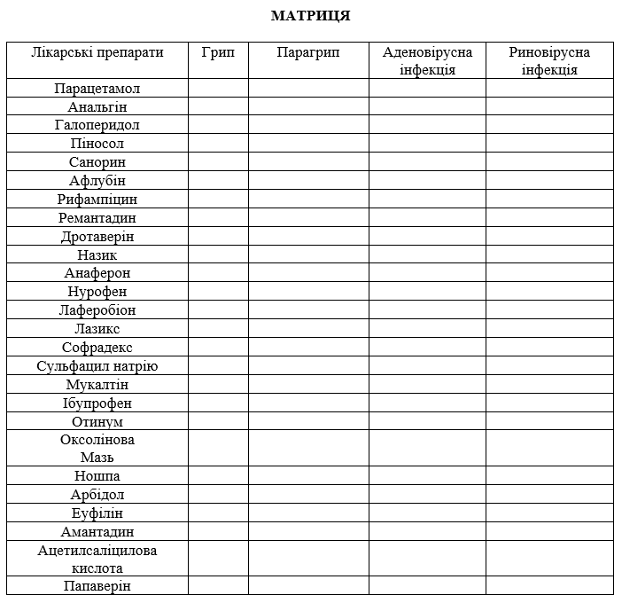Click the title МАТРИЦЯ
[310, 16]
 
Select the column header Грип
[218, 52]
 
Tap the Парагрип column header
[307, 52]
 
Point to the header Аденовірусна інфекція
[427, 60]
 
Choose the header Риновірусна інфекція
[548, 60]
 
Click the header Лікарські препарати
[97, 52]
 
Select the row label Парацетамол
[97, 89]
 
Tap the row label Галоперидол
[97, 125]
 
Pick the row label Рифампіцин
[97, 200]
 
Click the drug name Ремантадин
[97, 218]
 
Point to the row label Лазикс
[97, 329]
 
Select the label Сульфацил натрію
[97, 366]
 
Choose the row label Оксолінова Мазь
[97, 449]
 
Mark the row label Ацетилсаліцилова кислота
[97, 560]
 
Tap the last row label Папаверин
[97, 586]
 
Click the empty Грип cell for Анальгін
[218, 106]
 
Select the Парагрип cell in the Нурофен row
[307, 292]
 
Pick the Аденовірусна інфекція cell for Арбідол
[427, 495]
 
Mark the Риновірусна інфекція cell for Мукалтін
[548, 385]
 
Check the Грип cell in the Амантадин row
[218, 532]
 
